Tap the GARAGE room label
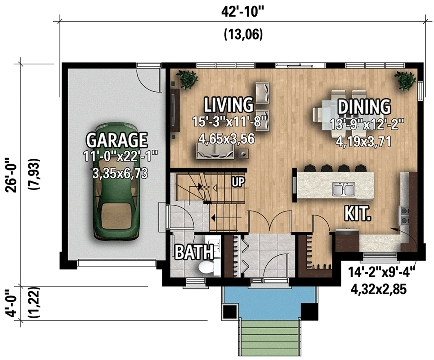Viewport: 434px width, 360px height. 116,140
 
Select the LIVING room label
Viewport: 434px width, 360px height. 228,104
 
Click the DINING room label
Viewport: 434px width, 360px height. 363,107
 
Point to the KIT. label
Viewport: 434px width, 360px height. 358,214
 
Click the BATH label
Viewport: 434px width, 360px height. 188,253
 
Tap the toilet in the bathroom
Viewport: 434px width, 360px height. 207,267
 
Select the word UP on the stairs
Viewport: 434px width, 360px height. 238,182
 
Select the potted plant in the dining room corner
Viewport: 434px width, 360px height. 406,80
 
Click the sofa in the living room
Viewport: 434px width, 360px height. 215,151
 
